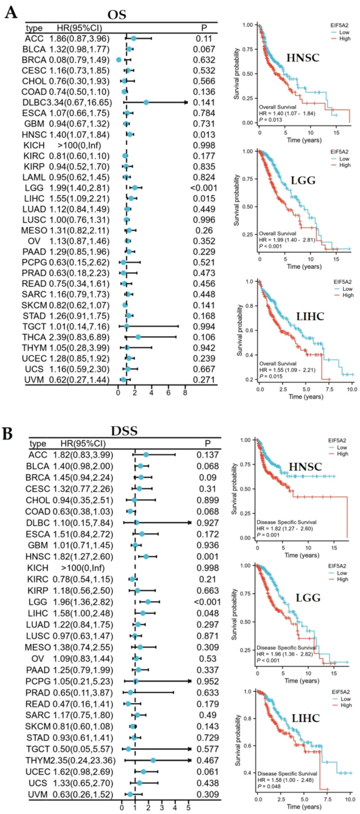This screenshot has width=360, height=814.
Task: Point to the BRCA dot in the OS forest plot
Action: pos(119,60)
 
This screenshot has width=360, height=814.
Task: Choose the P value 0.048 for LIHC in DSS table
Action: pos(207,613)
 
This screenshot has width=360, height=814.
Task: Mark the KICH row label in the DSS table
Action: pos(38,568)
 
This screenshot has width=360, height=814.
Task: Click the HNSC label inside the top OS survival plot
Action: pos(304,58)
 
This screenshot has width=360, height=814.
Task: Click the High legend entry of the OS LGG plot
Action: pos(344,165)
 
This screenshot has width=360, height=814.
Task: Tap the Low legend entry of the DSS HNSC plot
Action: pos(342,448)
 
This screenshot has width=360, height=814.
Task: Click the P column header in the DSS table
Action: pos(207,443)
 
